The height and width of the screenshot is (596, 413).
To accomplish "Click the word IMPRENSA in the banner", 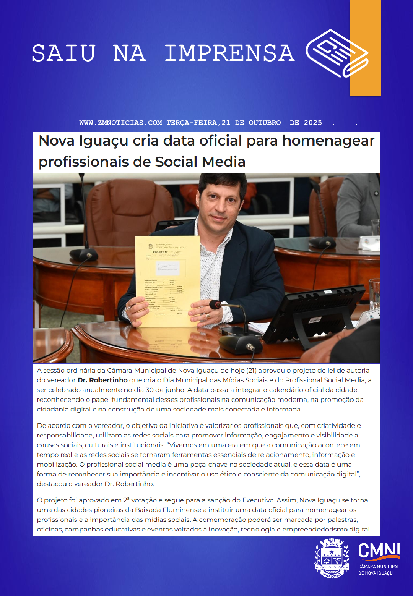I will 229,53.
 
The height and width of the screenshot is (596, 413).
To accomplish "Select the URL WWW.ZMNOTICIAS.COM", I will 120,123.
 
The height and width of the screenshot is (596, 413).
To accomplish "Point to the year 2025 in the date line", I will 313,123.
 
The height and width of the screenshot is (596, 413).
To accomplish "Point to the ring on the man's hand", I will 208,316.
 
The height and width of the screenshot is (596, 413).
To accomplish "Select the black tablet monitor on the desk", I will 314,313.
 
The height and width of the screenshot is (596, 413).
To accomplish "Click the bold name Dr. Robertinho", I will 102,380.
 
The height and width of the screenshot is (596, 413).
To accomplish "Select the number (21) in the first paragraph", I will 251,370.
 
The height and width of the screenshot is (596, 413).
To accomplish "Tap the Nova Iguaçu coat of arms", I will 332,558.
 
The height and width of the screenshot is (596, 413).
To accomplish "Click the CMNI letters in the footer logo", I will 379,551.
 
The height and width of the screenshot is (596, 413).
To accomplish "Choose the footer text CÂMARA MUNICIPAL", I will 379,567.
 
